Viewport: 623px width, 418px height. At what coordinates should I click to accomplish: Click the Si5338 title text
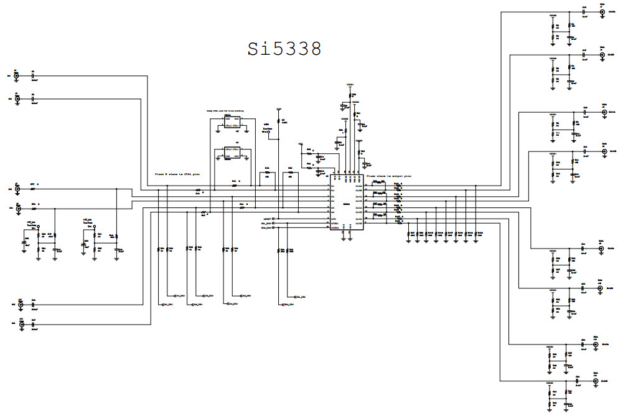coord(284,49)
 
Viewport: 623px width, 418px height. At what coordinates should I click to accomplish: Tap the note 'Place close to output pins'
coord(389,176)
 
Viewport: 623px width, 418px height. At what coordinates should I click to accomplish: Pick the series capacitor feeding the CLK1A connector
coord(585,113)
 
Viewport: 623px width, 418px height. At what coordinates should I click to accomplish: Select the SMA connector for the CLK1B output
coord(602,151)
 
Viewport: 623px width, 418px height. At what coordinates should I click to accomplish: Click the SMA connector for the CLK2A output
coord(601,249)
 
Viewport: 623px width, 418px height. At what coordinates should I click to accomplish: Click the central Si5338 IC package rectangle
coord(346,204)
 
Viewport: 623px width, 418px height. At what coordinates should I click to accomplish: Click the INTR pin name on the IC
coord(334,220)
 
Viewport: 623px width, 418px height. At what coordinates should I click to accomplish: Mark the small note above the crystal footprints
coord(225,111)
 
